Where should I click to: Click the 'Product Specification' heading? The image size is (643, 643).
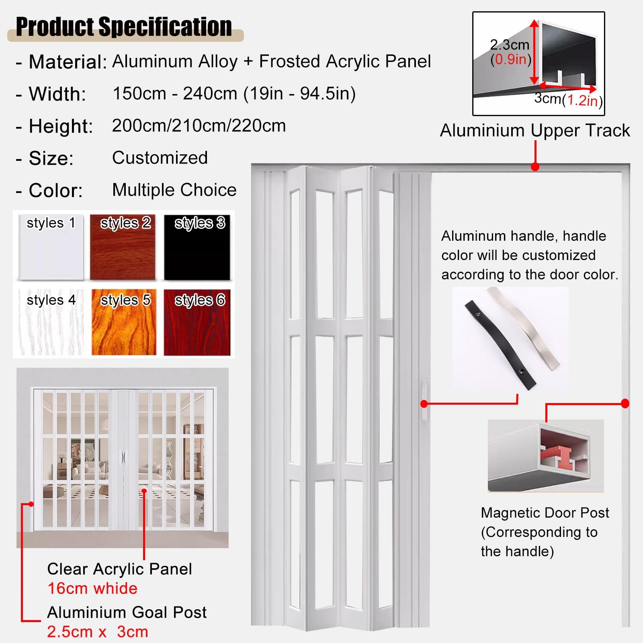[124, 27]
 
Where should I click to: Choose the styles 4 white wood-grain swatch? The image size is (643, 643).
[51, 323]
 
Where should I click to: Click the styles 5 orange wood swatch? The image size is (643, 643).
[124, 323]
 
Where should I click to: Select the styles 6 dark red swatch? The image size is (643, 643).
[197, 323]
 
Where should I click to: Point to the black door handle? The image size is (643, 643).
[500, 345]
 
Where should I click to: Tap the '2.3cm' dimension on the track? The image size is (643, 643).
[510, 45]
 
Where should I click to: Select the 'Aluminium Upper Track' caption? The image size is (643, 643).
[535, 131]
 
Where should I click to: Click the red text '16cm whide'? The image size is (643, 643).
[92, 588]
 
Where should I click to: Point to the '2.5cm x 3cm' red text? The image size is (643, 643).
[98, 632]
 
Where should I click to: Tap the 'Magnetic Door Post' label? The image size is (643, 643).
[545, 513]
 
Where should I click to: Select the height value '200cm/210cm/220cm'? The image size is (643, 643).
[199, 126]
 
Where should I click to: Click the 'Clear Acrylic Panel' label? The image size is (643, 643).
[119, 569]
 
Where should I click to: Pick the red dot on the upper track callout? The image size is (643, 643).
[535, 167]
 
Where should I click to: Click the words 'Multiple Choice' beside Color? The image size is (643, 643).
[174, 190]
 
